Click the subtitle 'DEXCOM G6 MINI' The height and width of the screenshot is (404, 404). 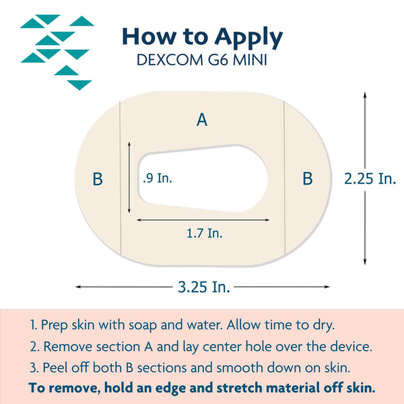click(203, 60)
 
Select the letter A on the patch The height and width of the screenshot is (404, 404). click(201, 120)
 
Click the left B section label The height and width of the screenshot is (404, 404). click(98, 179)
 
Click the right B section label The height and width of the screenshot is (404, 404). click(307, 179)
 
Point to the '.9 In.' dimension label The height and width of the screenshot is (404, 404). click(158, 178)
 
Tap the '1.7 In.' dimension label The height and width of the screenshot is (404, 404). click(205, 234)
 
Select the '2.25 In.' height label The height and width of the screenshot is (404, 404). click(370, 178)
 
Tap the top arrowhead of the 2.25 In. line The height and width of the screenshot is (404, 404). click(365, 95)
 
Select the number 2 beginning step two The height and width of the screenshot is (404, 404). click(32, 347)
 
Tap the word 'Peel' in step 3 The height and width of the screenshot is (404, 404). click(55, 368)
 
